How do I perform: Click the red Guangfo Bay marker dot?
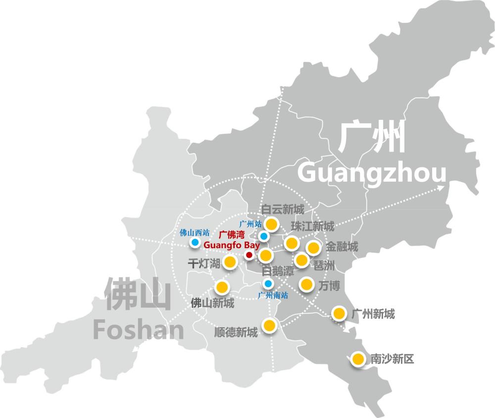pos(249,255)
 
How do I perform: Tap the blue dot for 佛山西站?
pos(195,243)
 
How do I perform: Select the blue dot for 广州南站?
pos(268,284)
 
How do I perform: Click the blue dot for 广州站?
pos(264,236)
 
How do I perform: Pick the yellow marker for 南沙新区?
pos(357,359)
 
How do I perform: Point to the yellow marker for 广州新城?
pos(339,313)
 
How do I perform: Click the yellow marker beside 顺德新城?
pos(269,325)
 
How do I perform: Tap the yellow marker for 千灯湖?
pos(230,262)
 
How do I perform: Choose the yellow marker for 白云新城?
pos(271,224)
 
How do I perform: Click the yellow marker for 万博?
pos(306,284)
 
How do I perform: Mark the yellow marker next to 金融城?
pos(313,247)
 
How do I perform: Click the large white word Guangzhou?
pos(372,173)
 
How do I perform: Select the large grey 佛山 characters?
pos(138,295)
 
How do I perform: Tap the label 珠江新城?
pos(313,226)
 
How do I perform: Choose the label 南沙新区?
pos(392,359)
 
